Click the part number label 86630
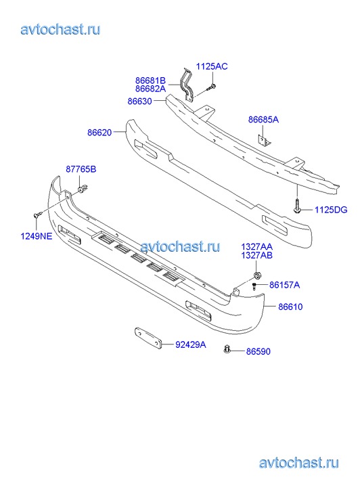click(139, 102)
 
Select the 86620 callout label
click(99, 133)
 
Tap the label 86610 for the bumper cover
click(290, 307)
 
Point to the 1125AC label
click(212, 66)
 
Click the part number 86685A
click(263, 120)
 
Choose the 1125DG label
click(331, 210)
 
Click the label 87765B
click(81, 169)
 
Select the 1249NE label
click(37, 236)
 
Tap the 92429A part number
click(191, 344)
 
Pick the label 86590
click(258, 351)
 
